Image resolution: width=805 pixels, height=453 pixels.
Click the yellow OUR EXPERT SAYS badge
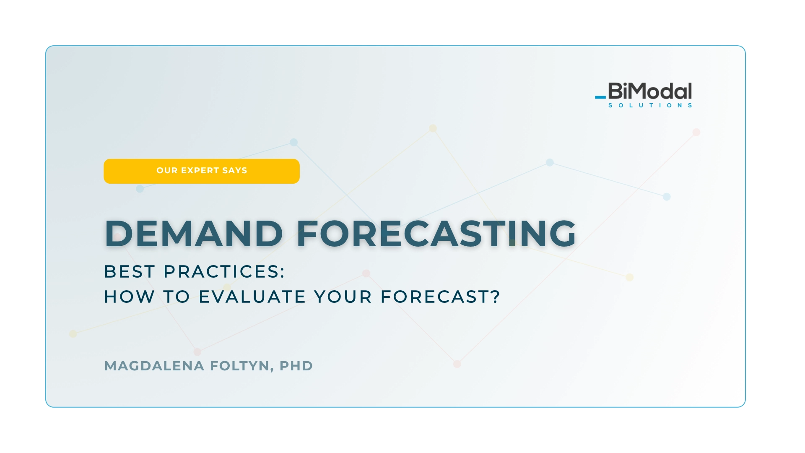202,171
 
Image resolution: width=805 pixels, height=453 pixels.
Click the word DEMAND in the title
194,233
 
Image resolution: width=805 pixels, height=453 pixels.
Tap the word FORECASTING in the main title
436,233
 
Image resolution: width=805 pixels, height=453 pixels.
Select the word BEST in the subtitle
130,272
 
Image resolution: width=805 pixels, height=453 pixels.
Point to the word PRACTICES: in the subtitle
224,272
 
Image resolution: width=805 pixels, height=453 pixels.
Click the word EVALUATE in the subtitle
252,297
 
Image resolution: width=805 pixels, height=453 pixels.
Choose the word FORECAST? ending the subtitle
440,297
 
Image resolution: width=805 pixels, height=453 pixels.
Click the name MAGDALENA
154,366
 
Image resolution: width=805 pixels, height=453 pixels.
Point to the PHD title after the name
296,366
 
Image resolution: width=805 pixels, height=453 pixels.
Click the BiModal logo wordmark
650,91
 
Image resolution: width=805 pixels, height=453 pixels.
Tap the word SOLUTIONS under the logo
650,105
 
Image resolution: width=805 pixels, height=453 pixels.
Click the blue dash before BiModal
600,97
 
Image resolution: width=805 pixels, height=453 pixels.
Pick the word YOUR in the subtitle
343,297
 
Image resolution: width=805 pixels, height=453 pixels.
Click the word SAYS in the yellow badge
235,171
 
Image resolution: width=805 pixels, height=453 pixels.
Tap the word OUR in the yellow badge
167,171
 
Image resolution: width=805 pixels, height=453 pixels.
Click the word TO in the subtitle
177,297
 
